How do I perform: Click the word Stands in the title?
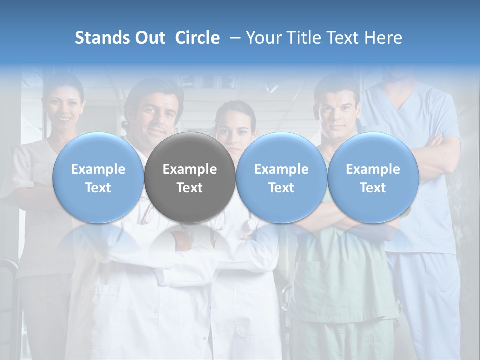[100, 38]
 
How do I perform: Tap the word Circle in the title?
[197, 38]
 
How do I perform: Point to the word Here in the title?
[384, 38]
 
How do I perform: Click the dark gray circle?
[190, 177]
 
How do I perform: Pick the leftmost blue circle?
[98, 177]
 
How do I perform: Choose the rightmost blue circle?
[373, 177]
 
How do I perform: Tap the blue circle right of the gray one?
[281, 177]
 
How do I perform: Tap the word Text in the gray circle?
[190, 188]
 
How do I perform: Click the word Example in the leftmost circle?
[98, 169]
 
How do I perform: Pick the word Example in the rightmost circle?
[373, 169]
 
